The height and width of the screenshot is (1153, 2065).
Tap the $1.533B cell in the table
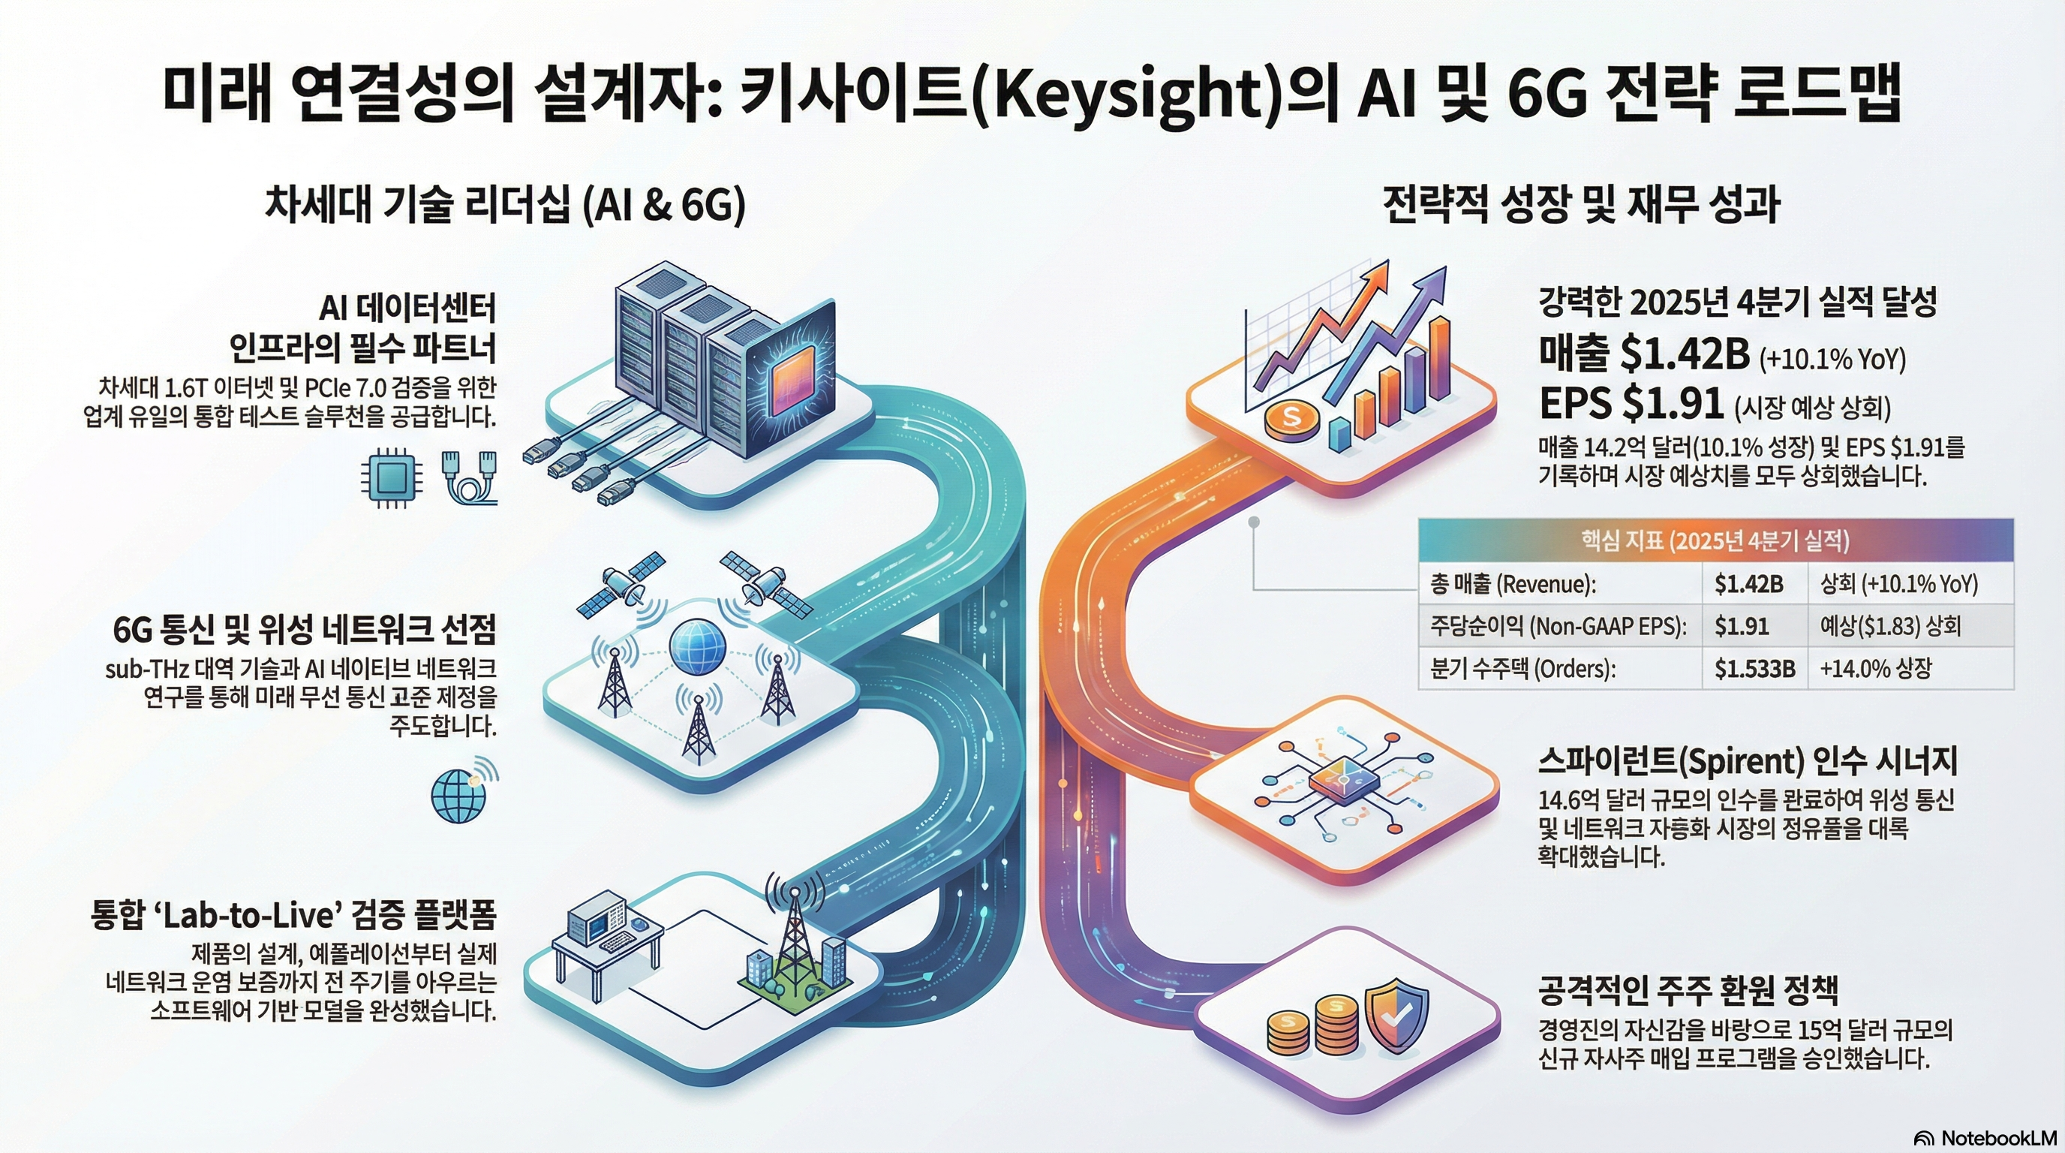click(1754, 668)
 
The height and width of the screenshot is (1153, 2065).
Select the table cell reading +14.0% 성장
click(1876, 668)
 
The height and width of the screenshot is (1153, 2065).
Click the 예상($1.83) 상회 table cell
click(1889, 625)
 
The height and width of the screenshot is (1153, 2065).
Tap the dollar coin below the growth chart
click(1291, 418)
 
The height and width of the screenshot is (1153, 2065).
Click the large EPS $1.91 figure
click(1631, 402)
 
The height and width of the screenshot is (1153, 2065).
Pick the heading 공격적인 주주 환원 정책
click(1688, 991)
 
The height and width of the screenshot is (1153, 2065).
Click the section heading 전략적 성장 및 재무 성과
click(1581, 205)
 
